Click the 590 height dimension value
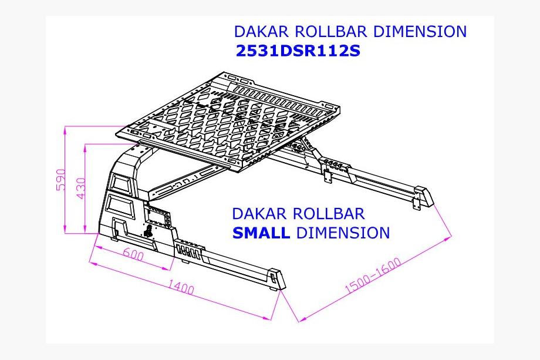point(60,180)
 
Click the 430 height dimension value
point(80,189)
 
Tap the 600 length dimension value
point(133,255)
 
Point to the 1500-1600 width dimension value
point(373,275)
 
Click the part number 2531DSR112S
point(298,51)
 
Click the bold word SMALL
point(261,233)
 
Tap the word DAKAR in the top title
point(261,31)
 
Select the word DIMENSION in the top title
point(420,31)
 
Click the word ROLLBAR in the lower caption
point(329,214)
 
